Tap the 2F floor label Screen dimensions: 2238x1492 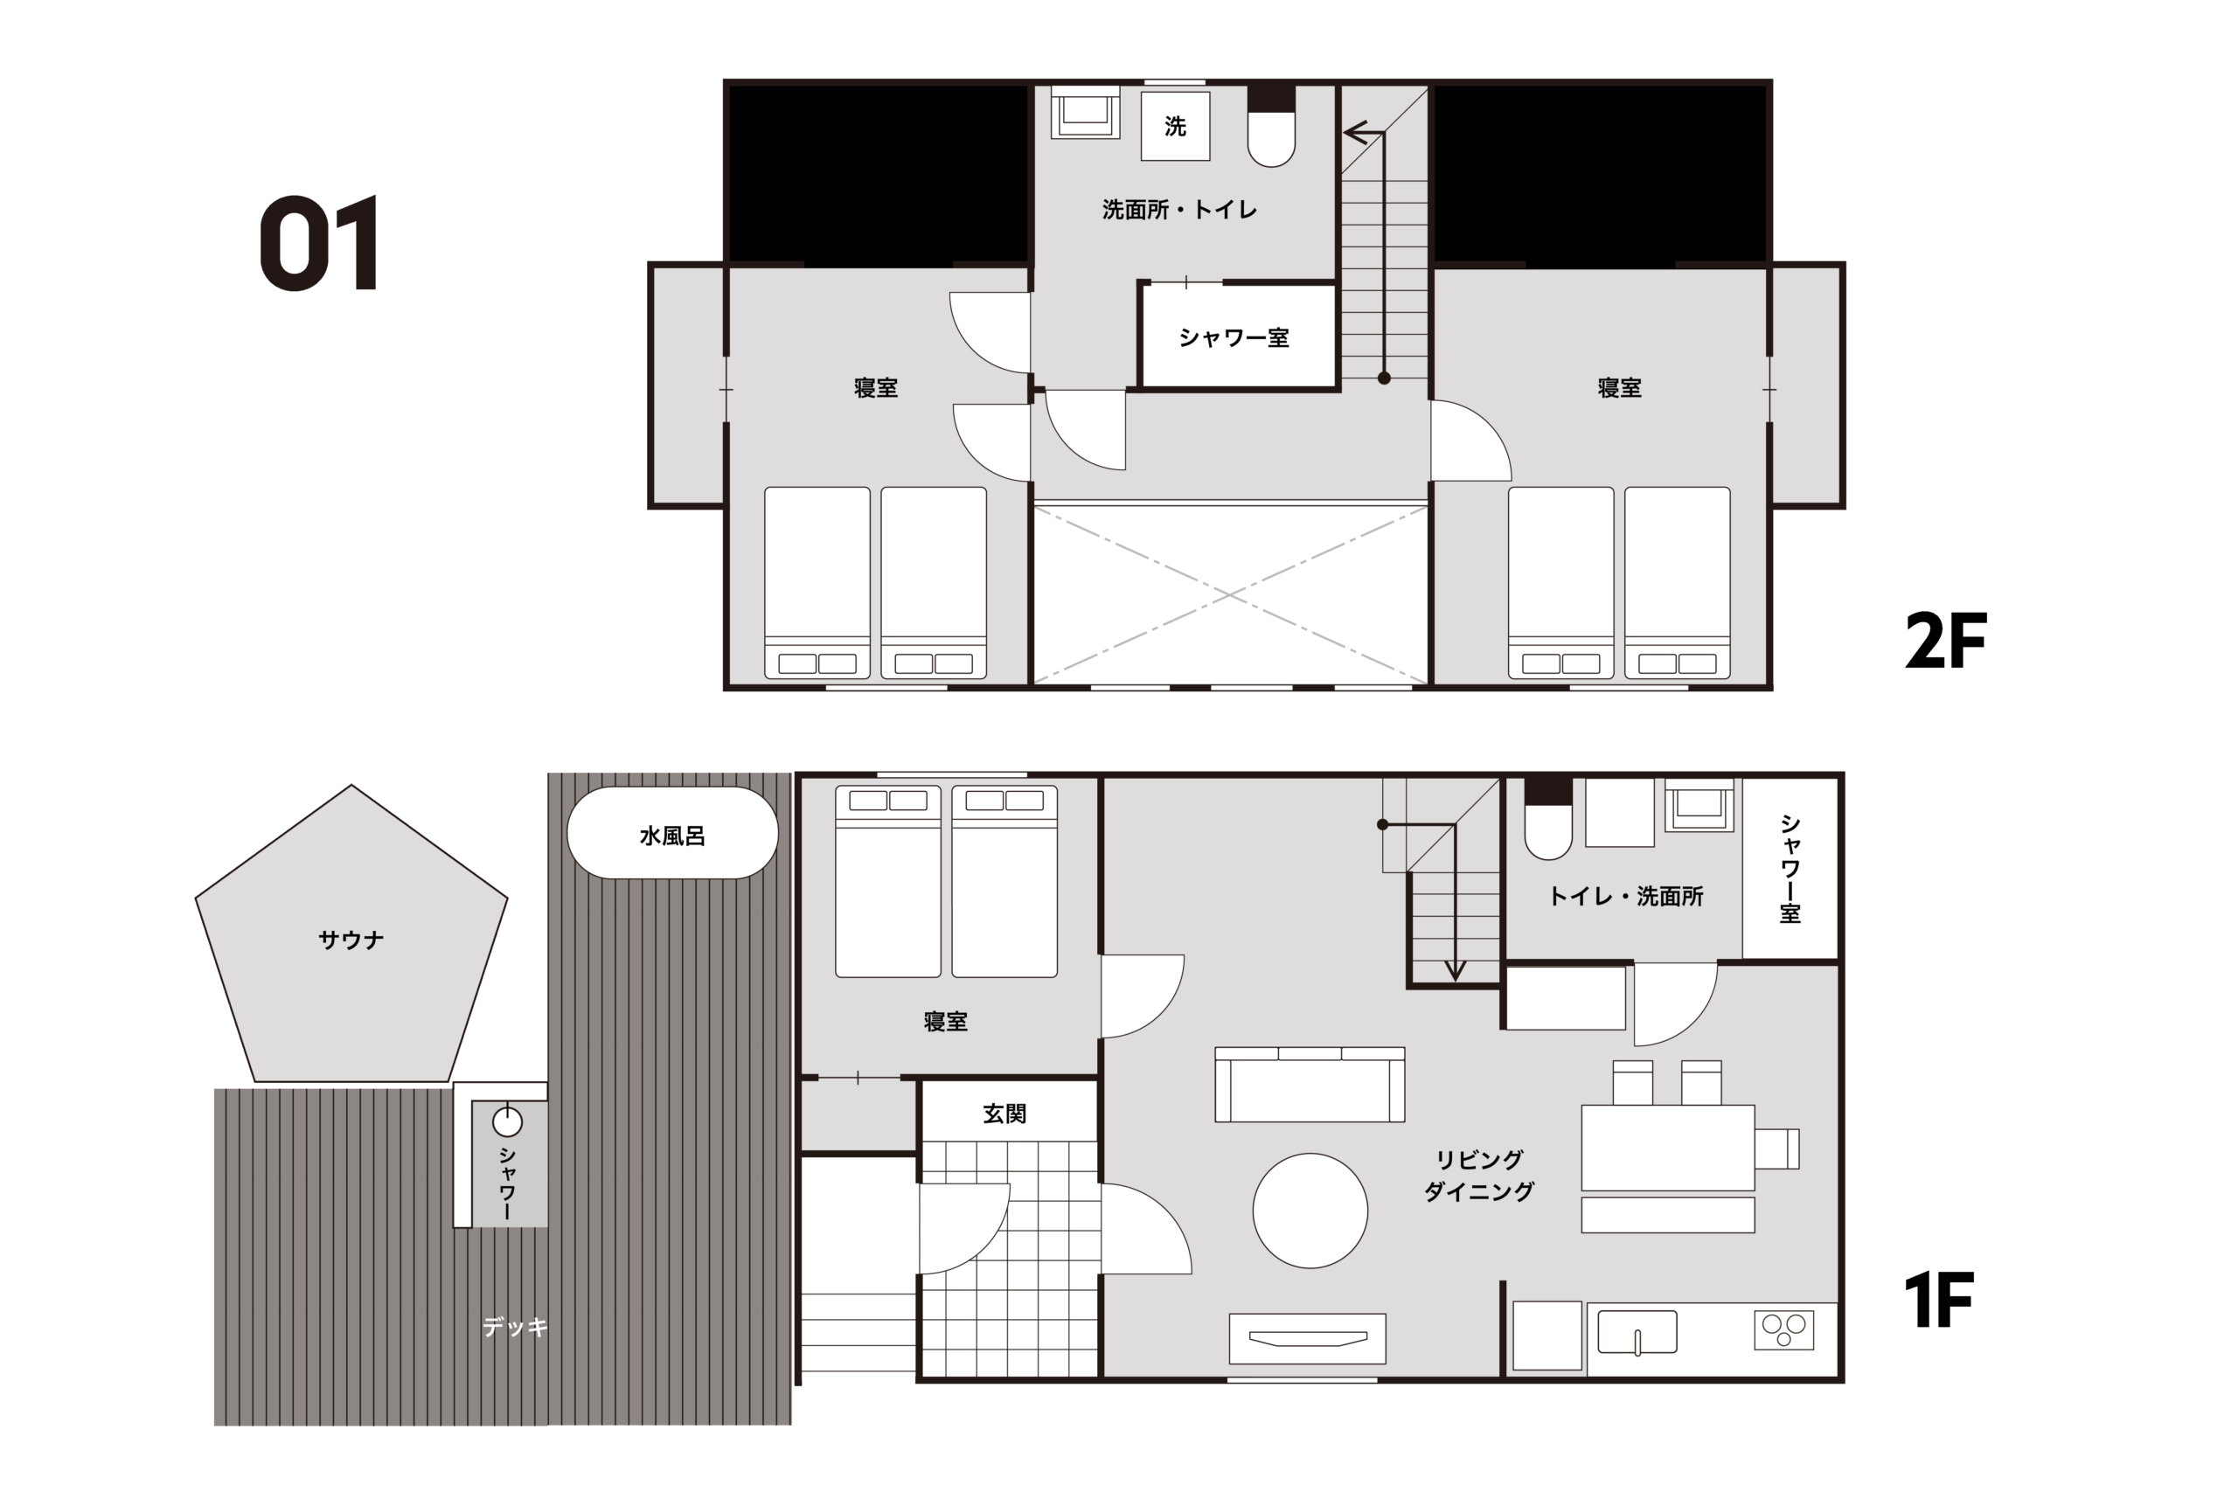[x=1945, y=642]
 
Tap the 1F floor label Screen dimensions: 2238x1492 [x=1939, y=1301]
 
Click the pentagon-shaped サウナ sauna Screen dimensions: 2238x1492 [x=351, y=937]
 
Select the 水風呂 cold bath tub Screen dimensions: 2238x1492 [x=673, y=833]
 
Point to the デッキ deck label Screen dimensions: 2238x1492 [x=515, y=1327]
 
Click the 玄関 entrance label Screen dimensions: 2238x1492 [x=1004, y=1114]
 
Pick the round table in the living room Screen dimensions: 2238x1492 [x=1310, y=1211]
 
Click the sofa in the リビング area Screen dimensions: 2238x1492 [x=1310, y=1084]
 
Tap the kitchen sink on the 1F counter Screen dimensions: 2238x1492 [x=1637, y=1331]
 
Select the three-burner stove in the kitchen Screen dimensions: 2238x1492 [x=1784, y=1329]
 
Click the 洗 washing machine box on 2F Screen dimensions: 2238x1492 [x=1175, y=126]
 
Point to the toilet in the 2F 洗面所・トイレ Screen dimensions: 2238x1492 [x=1271, y=127]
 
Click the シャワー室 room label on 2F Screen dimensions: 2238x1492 [x=1234, y=337]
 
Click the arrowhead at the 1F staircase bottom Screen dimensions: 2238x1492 [x=1455, y=970]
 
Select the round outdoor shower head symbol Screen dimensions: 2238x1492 [x=507, y=1123]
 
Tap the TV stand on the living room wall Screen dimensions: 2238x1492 [x=1308, y=1339]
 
